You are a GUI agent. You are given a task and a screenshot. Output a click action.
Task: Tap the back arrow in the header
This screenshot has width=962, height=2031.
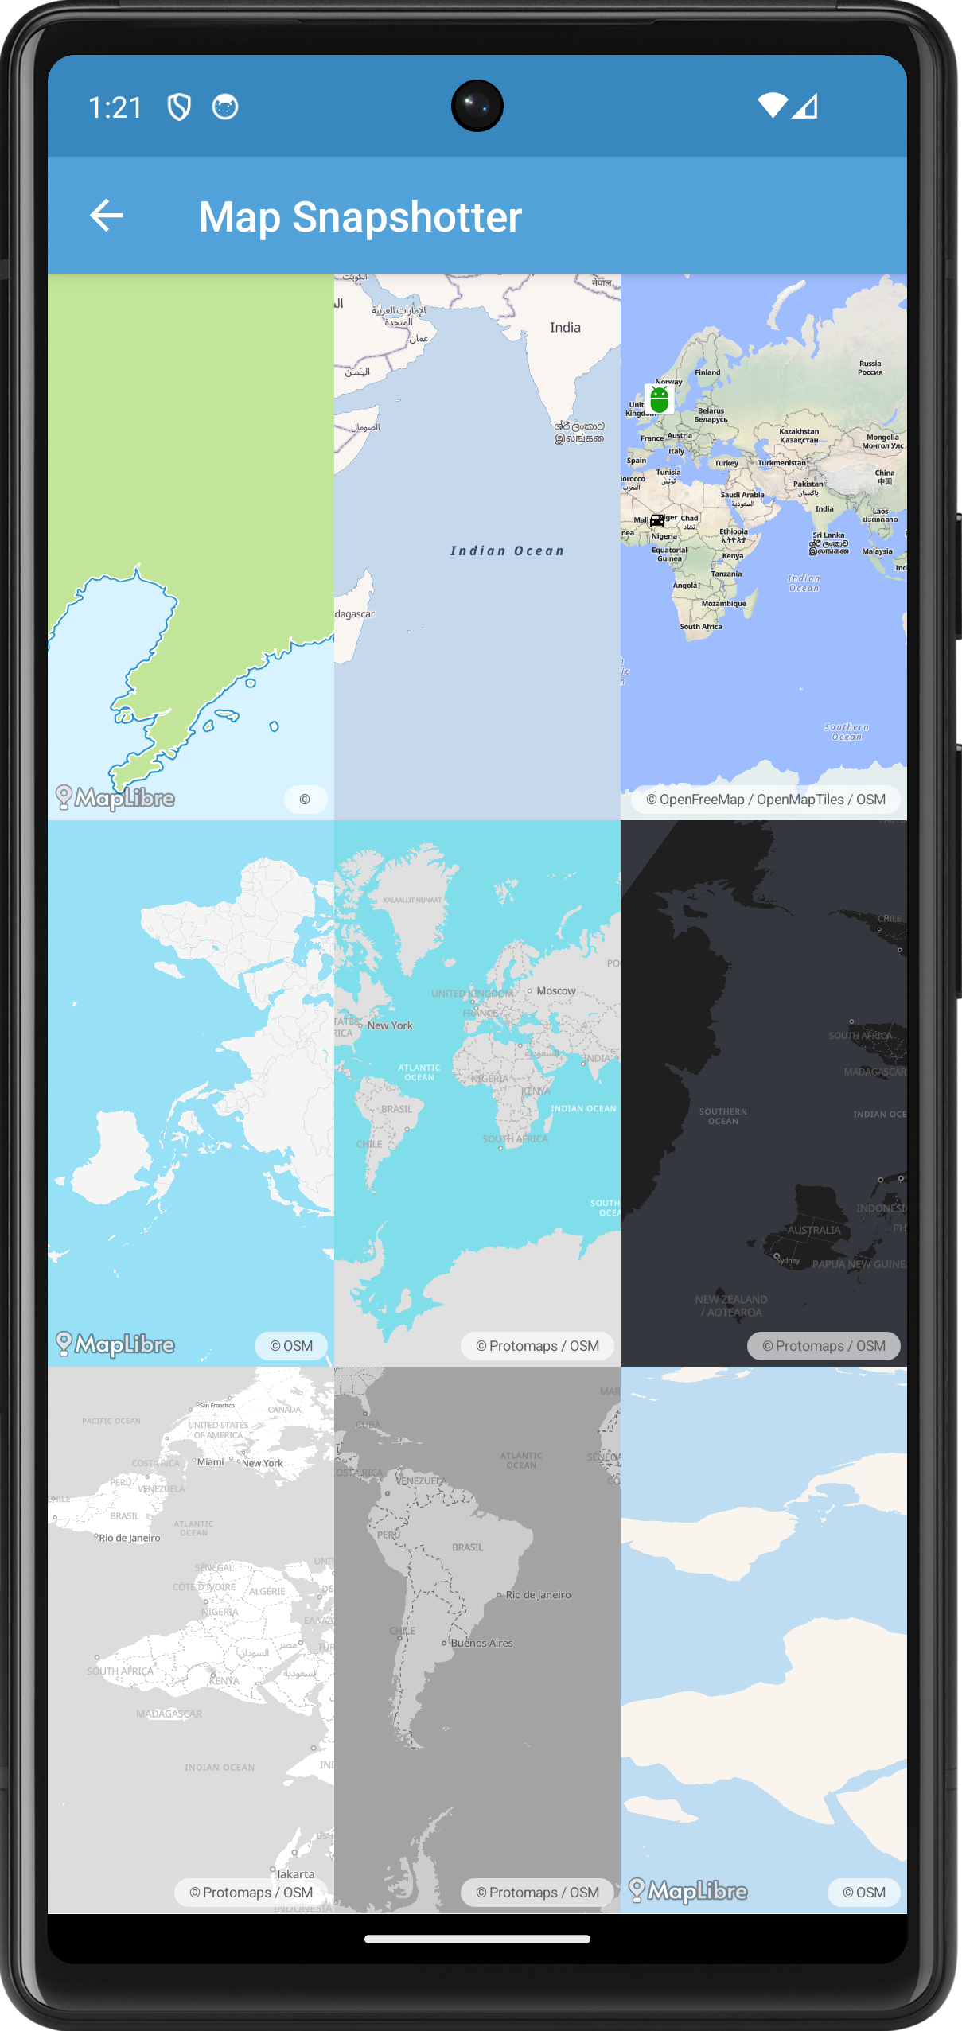(107, 216)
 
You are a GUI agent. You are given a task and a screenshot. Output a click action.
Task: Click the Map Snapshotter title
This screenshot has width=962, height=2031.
(360, 217)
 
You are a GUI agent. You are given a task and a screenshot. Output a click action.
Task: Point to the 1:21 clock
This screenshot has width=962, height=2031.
(115, 107)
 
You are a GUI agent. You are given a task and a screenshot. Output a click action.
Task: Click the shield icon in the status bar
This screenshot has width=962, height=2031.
(179, 107)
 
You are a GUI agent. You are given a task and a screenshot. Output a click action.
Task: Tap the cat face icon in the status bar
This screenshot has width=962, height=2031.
(225, 107)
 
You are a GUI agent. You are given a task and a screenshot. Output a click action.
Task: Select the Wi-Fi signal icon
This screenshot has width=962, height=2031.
(772, 106)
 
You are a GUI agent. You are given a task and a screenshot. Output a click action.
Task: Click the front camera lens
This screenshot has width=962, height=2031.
(477, 106)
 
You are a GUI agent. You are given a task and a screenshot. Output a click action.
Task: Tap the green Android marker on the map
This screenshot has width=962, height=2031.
(659, 399)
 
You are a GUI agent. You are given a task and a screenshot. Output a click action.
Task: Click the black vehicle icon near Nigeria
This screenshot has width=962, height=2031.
(657, 521)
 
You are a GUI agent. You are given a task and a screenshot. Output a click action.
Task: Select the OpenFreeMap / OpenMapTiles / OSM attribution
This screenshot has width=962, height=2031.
(765, 800)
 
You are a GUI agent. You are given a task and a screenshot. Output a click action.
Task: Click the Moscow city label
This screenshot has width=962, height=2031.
(555, 991)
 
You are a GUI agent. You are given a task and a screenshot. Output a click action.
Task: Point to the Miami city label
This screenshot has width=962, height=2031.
(210, 1462)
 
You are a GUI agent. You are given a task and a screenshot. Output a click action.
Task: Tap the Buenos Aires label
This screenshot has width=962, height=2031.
(481, 1643)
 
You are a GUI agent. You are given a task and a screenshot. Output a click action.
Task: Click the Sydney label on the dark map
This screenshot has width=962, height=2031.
(788, 1260)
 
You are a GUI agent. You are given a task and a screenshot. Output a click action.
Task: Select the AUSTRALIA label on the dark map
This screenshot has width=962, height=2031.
(813, 1230)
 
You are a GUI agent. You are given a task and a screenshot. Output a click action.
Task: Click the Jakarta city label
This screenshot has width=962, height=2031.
(295, 1874)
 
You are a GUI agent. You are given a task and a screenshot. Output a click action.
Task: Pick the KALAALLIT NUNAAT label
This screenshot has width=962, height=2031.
(412, 901)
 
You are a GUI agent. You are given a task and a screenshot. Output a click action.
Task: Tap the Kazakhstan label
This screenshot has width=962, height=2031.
(799, 435)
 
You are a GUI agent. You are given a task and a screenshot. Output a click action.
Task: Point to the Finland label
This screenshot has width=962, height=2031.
(707, 372)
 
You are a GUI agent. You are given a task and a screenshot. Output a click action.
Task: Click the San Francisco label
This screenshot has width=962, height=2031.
(216, 1406)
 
